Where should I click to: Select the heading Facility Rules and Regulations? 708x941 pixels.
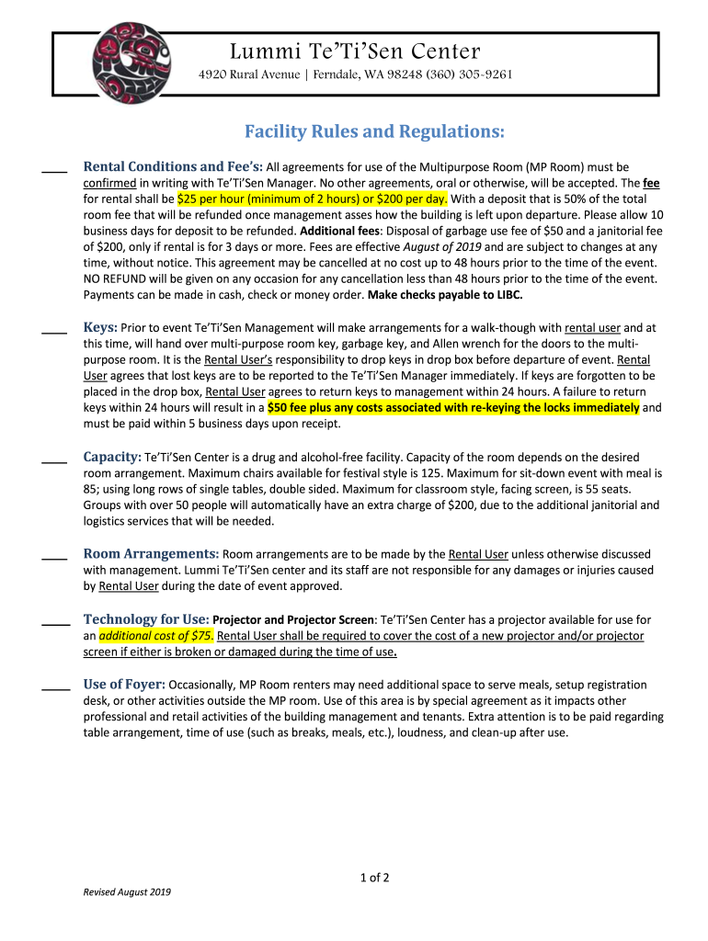point(374,132)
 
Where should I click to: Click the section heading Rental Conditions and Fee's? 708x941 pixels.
point(173,167)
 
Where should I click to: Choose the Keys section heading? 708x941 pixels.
point(100,327)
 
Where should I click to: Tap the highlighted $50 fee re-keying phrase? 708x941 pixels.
point(453,407)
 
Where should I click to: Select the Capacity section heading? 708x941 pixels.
point(112,457)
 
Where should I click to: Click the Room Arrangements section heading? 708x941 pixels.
point(151,554)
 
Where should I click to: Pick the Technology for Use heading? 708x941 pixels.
point(146,619)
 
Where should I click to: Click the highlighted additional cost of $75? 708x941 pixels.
point(156,636)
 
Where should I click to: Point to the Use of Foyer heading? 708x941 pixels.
point(124,685)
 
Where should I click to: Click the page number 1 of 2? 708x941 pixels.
point(374,878)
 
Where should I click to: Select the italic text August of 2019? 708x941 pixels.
point(443,247)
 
